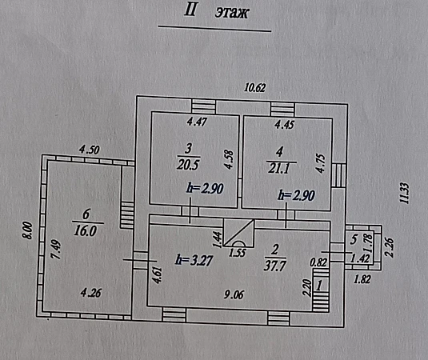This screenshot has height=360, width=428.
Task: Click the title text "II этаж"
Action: (217, 12)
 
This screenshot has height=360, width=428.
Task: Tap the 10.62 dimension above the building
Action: (254, 88)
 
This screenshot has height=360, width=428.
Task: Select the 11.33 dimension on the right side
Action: (405, 194)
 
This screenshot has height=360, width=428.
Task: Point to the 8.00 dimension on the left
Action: (27, 230)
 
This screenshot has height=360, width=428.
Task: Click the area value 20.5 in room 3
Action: (188, 165)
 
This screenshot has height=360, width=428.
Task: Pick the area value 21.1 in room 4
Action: (279, 168)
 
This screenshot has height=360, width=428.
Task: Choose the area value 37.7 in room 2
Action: (275, 266)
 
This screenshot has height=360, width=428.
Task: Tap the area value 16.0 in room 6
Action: (85, 231)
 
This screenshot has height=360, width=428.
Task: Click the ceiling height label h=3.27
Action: (194, 260)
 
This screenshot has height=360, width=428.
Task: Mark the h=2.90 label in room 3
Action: (206, 188)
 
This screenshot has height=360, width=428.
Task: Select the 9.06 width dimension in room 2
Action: (234, 294)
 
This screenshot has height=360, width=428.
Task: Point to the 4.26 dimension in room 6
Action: (91, 293)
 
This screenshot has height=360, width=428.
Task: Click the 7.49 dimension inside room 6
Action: (57, 249)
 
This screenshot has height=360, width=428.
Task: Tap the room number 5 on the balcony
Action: (354, 239)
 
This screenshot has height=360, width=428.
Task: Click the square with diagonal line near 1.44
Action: (239, 233)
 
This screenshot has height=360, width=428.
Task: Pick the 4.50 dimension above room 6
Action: (90, 150)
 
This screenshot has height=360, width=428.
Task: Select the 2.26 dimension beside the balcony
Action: (390, 247)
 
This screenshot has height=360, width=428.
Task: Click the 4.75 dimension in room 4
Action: (321, 163)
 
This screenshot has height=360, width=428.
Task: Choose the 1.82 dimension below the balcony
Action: (362, 279)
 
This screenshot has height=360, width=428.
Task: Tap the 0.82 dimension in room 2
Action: (318, 262)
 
